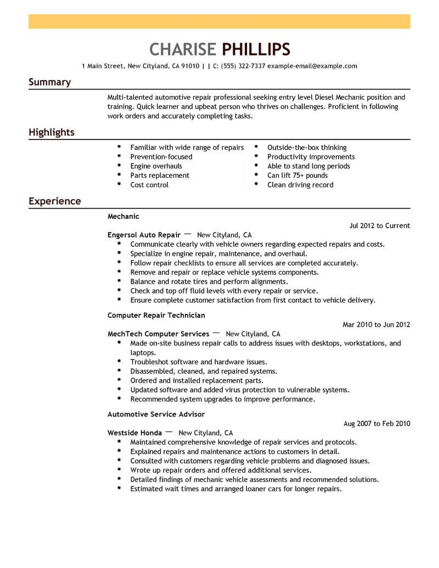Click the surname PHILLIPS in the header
pos(256,49)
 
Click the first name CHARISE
pos(183,49)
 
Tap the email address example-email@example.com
pos(312,66)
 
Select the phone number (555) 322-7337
pos(243,66)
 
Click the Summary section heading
pos(49,82)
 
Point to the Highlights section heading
pos(52,133)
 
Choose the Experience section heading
pos(55,201)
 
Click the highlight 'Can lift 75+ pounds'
pos(297,176)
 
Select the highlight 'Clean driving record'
pos(300,185)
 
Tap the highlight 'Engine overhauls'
pos(156,166)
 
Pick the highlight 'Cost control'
pos(149,185)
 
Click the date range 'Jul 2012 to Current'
pos(379,226)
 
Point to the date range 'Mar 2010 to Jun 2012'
pos(376,324)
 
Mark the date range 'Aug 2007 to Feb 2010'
pos(376,424)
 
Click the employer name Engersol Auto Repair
pos(144,235)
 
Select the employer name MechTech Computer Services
pos(158,334)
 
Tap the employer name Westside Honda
pos(134,432)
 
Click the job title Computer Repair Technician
pos(156,316)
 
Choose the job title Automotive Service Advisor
pos(156,414)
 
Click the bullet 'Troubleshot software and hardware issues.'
pos(198,362)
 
